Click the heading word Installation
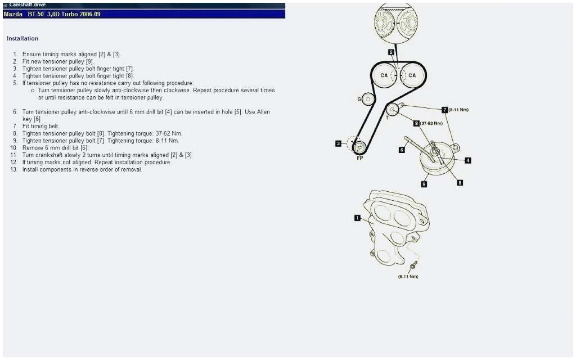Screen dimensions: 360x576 pyautogui.click(x=22, y=39)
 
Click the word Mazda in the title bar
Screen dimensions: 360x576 pyautogui.click(x=13, y=14)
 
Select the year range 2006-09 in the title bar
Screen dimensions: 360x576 pyautogui.click(x=89, y=14)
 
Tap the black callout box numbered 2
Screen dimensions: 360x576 pyautogui.click(x=391, y=52)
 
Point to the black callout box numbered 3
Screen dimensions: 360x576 pyautogui.click(x=338, y=143)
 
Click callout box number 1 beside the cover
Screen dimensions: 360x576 pyautogui.click(x=357, y=218)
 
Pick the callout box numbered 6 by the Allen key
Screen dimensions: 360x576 pyautogui.click(x=402, y=150)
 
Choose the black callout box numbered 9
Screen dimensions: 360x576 pyautogui.click(x=424, y=184)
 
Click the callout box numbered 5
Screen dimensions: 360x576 pyautogui.click(x=460, y=182)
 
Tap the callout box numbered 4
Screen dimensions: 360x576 pyautogui.click(x=468, y=160)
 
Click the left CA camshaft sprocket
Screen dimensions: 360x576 pyautogui.click(x=384, y=75)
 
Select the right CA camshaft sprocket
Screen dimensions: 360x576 pyautogui.click(x=412, y=75)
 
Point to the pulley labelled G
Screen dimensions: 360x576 pyautogui.click(x=367, y=100)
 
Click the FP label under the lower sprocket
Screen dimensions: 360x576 pyautogui.click(x=360, y=158)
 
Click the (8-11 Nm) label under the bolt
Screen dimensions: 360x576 pyautogui.click(x=408, y=276)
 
